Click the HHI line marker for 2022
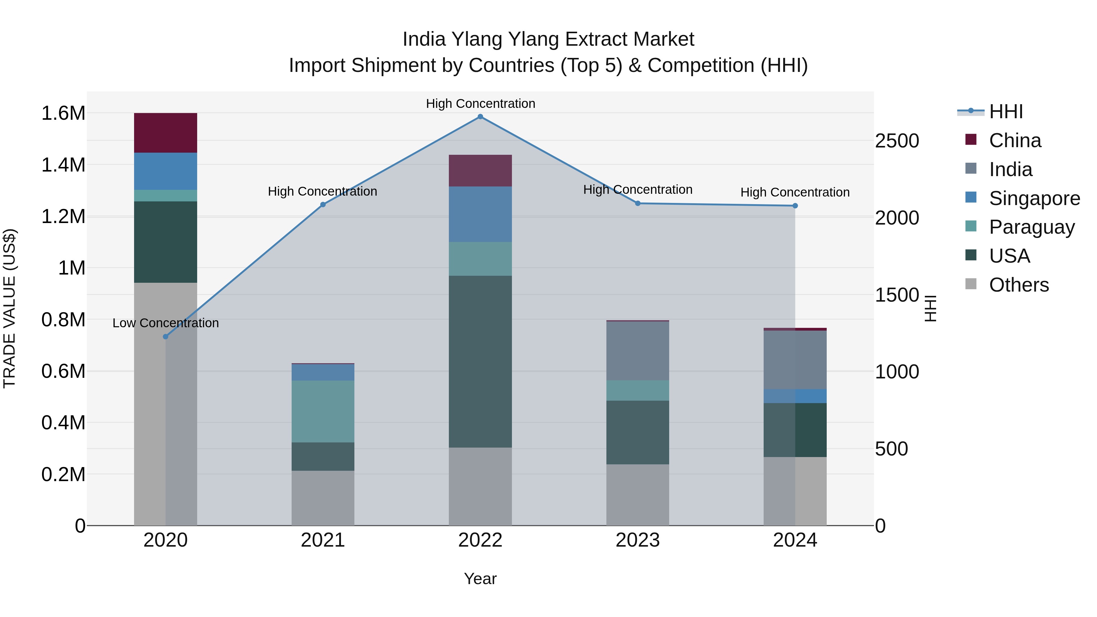click(x=480, y=117)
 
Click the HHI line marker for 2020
click(x=166, y=336)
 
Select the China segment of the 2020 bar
click(x=166, y=133)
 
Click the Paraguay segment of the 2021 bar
click(x=323, y=411)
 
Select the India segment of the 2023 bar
click(x=637, y=351)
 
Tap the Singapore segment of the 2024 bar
click(x=795, y=396)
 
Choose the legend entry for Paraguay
click(x=1031, y=227)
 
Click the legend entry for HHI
click(x=1006, y=112)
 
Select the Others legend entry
click(x=1019, y=285)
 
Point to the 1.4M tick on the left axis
click(x=63, y=165)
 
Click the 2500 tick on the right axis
click(x=897, y=141)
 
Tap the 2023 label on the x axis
click(x=637, y=540)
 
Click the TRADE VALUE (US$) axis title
click(x=9, y=308)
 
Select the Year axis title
click(x=480, y=579)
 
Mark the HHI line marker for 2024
click(x=795, y=206)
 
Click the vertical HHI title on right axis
click(x=931, y=308)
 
